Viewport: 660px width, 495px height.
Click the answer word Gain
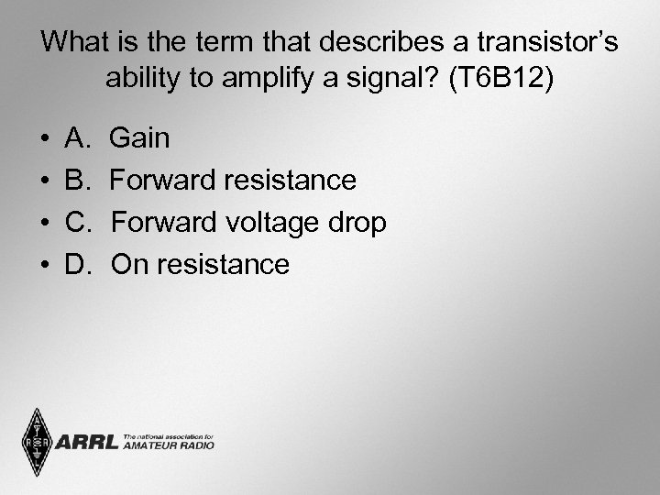click(x=139, y=139)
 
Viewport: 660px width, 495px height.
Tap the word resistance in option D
click(x=223, y=265)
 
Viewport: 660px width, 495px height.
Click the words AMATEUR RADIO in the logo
click(x=168, y=445)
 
